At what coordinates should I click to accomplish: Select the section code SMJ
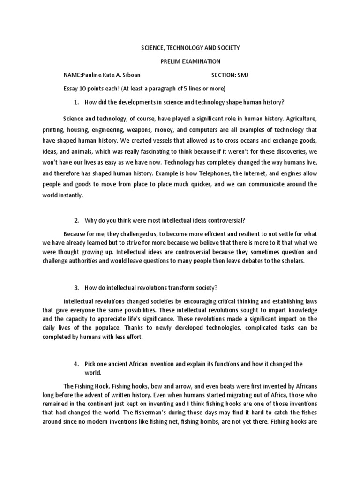(x=243, y=75)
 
